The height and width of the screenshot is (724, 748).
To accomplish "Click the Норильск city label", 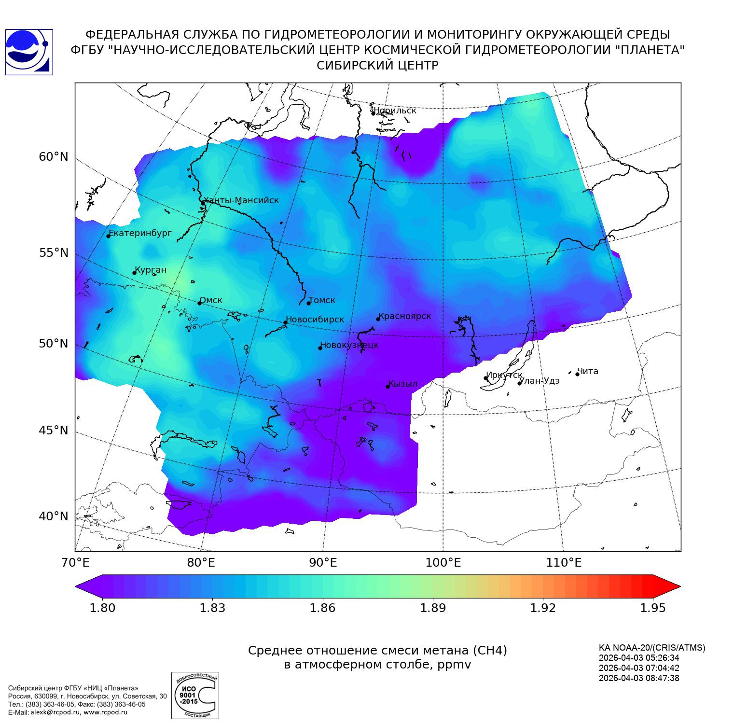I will (395, 111).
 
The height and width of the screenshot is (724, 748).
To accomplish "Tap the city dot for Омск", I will (199, 303).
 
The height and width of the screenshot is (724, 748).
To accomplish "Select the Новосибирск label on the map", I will (315, 320).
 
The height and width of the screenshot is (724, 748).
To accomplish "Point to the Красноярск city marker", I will (378, 319).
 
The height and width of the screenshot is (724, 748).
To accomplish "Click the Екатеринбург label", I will (140, 233).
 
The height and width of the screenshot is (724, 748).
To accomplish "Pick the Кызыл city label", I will (403, 384).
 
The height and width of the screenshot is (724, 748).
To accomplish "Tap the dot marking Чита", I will (577, 374).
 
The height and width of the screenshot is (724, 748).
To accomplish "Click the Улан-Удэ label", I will (540, 381).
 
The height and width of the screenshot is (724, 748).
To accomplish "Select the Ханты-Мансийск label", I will (241, 200).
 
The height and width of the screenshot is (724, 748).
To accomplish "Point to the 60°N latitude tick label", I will (54, 157).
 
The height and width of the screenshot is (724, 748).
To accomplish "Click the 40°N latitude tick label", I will (54, 516).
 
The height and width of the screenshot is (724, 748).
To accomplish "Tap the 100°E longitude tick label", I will (443, 562).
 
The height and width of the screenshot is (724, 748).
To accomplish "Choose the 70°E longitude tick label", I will (75, 562).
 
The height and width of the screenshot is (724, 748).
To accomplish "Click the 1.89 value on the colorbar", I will (433, 608).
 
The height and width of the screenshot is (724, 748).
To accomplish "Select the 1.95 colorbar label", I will (653, 608).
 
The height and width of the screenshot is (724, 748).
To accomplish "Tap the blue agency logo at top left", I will (29, 52).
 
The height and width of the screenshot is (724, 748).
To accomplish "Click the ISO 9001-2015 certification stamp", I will (195, 696).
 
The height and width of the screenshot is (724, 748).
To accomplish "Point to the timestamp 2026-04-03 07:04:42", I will (639, 668).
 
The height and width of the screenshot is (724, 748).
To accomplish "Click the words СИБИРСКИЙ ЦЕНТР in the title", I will (377, 66).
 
